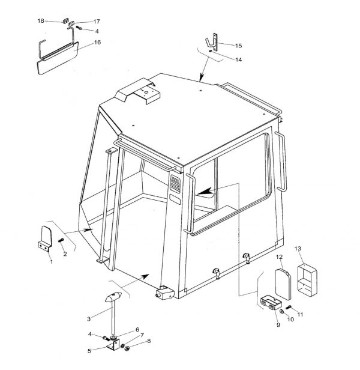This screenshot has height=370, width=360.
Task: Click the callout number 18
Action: coord(41,21)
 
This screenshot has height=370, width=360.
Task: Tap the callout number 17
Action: coord(97,22)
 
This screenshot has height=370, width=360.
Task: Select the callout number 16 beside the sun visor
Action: coord(97,42)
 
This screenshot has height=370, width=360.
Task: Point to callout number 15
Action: coord(239,46)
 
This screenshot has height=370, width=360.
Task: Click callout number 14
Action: coord(239,59)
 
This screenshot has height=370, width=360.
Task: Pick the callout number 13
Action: coord(298,248)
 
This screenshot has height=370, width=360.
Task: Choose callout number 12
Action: coord(280,256)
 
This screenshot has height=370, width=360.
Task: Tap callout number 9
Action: coord(278,325)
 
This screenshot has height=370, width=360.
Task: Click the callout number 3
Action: coord(89,319)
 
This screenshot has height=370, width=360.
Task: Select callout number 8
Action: coord(149,341)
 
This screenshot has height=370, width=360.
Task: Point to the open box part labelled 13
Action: coord(307,279)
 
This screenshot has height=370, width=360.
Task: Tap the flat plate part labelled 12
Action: coord(283,284)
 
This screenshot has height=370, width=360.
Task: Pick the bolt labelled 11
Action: coord(289,307)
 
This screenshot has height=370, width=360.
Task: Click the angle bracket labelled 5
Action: coord(113,345)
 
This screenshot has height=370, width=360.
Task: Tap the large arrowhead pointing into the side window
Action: coord(205,191)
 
